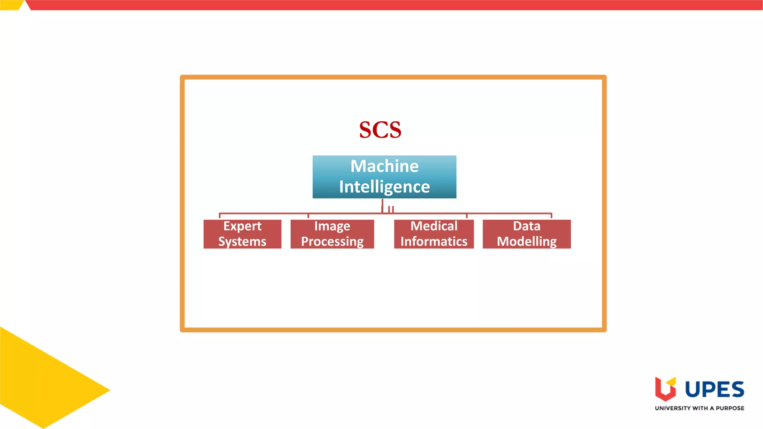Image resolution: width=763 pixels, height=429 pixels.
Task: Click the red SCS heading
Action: [x=380, y=130]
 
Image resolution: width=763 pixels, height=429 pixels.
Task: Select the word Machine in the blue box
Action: [x=384, y=166]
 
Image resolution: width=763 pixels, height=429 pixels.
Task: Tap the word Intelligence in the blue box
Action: [x=384, y=187]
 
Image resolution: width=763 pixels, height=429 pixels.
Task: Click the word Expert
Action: [x=242, y=226]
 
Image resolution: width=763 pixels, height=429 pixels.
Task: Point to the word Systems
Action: [x=242, y=241]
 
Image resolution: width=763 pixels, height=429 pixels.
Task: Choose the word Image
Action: [x=332, y=226]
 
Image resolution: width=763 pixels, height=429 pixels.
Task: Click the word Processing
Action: [x=332, y=241]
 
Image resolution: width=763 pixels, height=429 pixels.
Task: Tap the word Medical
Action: [x=434, y=226]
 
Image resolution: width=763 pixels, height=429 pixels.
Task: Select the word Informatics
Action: [x=434, y=241]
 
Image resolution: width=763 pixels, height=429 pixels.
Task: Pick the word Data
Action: [x=526, y=226]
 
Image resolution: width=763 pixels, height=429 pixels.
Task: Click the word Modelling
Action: [x=526, y=241]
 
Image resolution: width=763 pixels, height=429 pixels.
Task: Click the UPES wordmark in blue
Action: [x=715, y=390]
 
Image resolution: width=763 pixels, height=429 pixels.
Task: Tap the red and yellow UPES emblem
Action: [x=665, y=389]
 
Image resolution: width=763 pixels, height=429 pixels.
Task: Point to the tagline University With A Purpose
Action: [x=699, y=408]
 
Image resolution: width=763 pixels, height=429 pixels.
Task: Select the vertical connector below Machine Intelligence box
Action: [x=382, y=206]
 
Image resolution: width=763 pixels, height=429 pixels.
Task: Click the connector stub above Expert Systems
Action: [x=219, y=216]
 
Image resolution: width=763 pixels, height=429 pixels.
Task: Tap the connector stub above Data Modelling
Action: [x=551, y=216]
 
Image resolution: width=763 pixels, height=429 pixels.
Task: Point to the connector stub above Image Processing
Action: [x=308, y=216]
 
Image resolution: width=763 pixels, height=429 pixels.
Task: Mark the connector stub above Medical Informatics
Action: [x=466, y=216]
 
